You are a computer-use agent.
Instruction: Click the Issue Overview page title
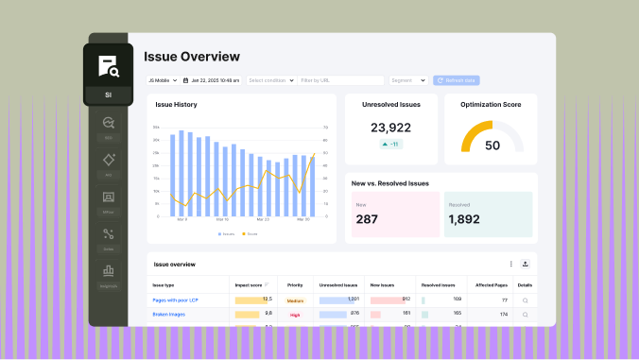pos(192,57)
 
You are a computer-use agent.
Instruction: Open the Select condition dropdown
pos(271,80)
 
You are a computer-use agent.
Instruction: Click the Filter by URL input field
pos(340,80)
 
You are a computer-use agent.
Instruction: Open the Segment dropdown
pos(407,80)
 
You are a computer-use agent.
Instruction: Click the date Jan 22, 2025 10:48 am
pos(212,80)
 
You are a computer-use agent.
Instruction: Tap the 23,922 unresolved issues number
pos(390,128)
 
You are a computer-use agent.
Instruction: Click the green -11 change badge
pos(389,144)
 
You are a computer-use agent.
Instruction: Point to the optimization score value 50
pos(492,146)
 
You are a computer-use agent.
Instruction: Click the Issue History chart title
pos(176,104)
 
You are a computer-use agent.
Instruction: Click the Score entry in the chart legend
pos(250,233)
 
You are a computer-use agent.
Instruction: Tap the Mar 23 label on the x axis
pos(261,219)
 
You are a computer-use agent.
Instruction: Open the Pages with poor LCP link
pos(176,300)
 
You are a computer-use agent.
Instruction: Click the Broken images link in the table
pos(169,313)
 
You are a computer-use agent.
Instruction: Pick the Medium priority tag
pos(295,300)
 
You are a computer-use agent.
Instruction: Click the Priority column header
pos(295,284)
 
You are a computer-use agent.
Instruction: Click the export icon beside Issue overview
pos(526,265)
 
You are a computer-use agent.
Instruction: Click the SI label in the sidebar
pos(108,94)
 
